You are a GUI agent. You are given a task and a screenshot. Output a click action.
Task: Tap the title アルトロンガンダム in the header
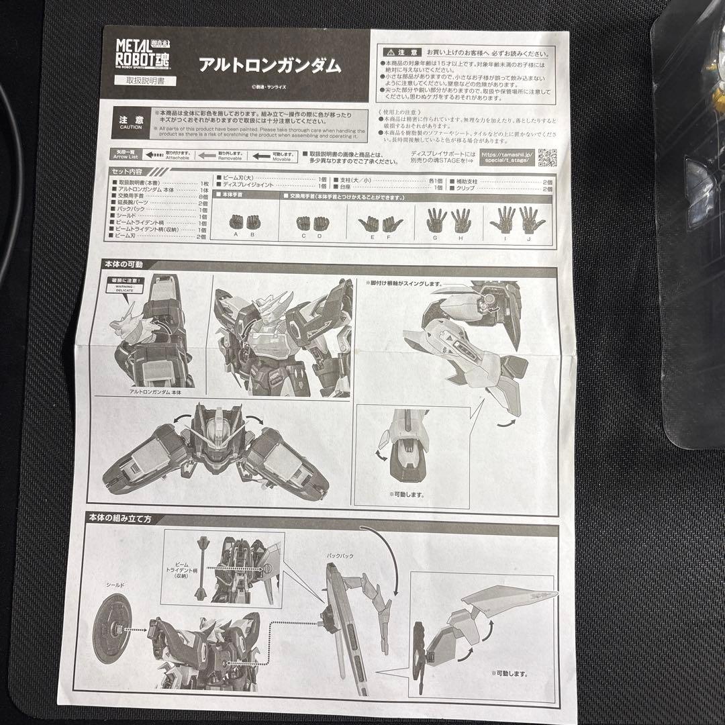pos(269,65)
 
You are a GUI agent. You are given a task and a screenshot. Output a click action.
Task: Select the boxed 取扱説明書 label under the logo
pos(141,81)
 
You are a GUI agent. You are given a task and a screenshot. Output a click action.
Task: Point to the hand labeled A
pos(236,220)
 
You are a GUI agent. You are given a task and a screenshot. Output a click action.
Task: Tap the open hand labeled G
pos(435,219)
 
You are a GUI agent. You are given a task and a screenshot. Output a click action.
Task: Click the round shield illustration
pos(111,630)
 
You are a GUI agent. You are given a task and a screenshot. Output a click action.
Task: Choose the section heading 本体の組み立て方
pos(129,518)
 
